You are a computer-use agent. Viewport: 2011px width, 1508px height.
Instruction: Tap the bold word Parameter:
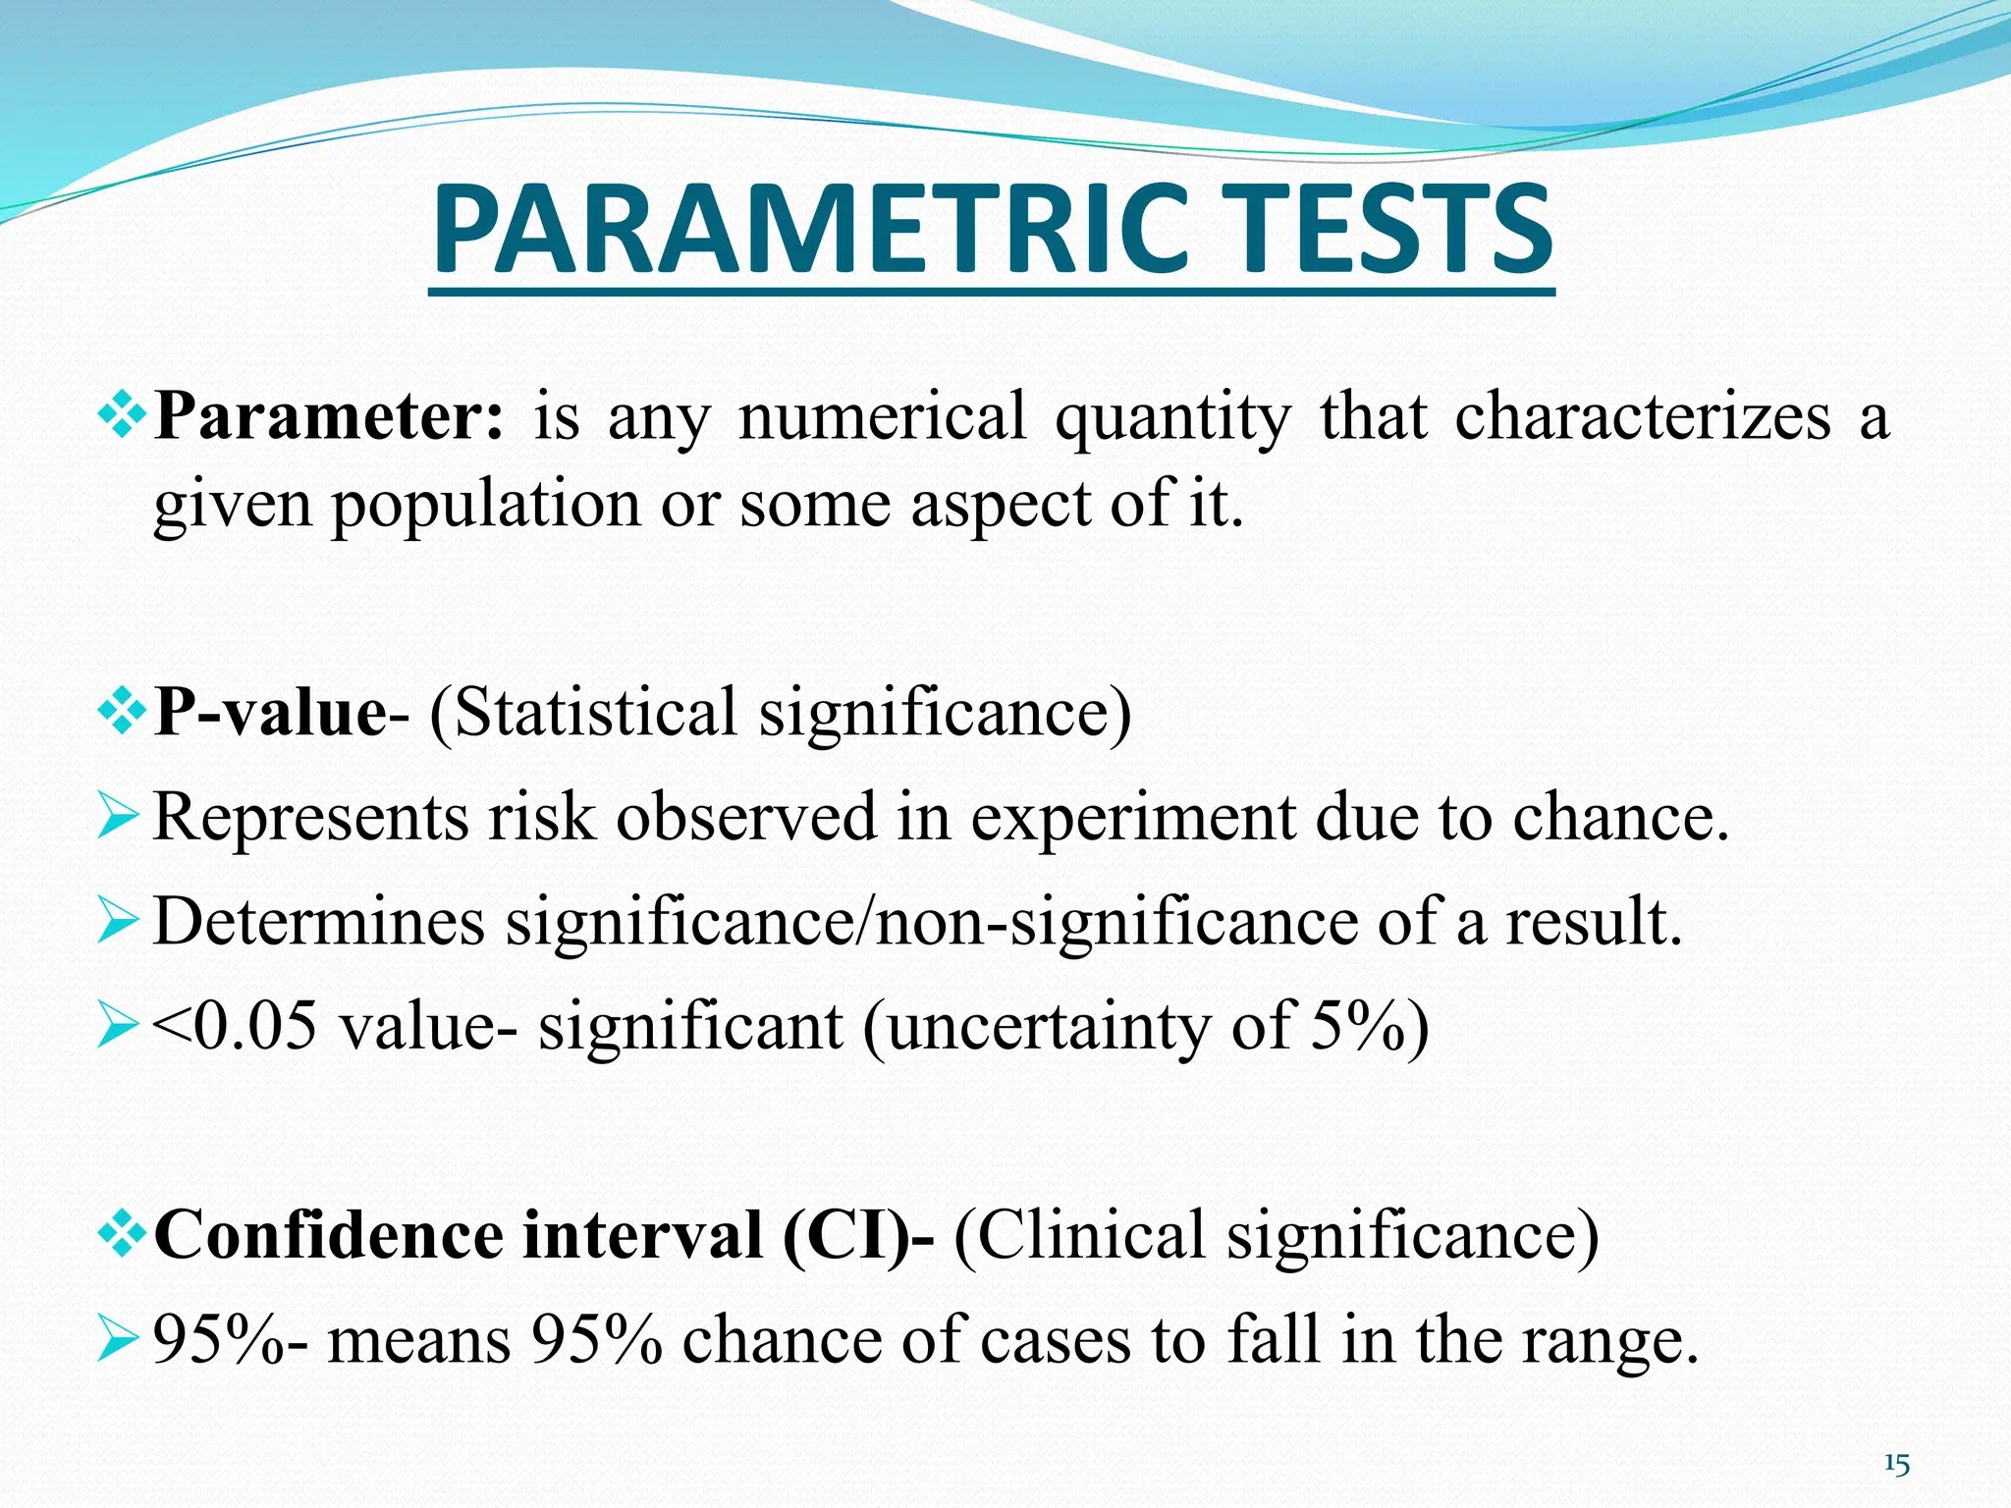[330, 416]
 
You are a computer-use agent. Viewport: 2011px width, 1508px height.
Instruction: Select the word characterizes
[1643, 416]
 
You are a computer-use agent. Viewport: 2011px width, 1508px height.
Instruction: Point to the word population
[486, 505]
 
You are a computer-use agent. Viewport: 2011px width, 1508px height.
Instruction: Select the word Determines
[319, 922]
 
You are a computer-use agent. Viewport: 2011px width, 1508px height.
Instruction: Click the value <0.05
[235, 1027]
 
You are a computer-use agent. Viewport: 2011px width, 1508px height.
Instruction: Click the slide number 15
[1896, 1466]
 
